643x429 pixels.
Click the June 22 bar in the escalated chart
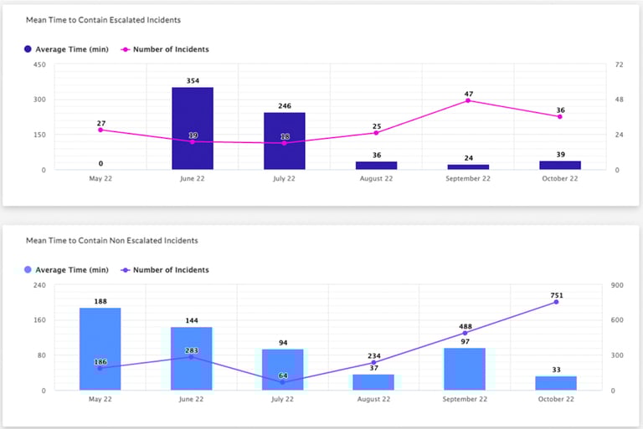(x=193, y=129)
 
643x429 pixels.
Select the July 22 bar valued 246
(x=284, y=141)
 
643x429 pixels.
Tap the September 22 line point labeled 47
(x=467, y=100)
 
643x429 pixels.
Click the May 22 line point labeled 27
(x=100, y=130)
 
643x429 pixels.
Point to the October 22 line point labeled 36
(x=559, y=116)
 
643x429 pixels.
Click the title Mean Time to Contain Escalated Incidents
(x=103, y=19)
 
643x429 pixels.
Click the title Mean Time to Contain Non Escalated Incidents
(x=111, y=241)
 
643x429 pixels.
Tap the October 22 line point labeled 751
(x=556, y=302)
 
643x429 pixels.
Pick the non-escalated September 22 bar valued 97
(x=465, y=369)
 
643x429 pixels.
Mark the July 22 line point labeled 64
(x=283, y=382)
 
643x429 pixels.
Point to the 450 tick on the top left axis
(x=39, y=64)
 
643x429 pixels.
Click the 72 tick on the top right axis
(x=620, y=64)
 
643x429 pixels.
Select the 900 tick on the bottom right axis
(x=618, y=285)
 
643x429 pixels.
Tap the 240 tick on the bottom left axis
(x=39, y=285)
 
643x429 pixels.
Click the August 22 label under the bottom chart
(x=373, y=400)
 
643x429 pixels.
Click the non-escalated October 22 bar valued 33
(x=556, y=383)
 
